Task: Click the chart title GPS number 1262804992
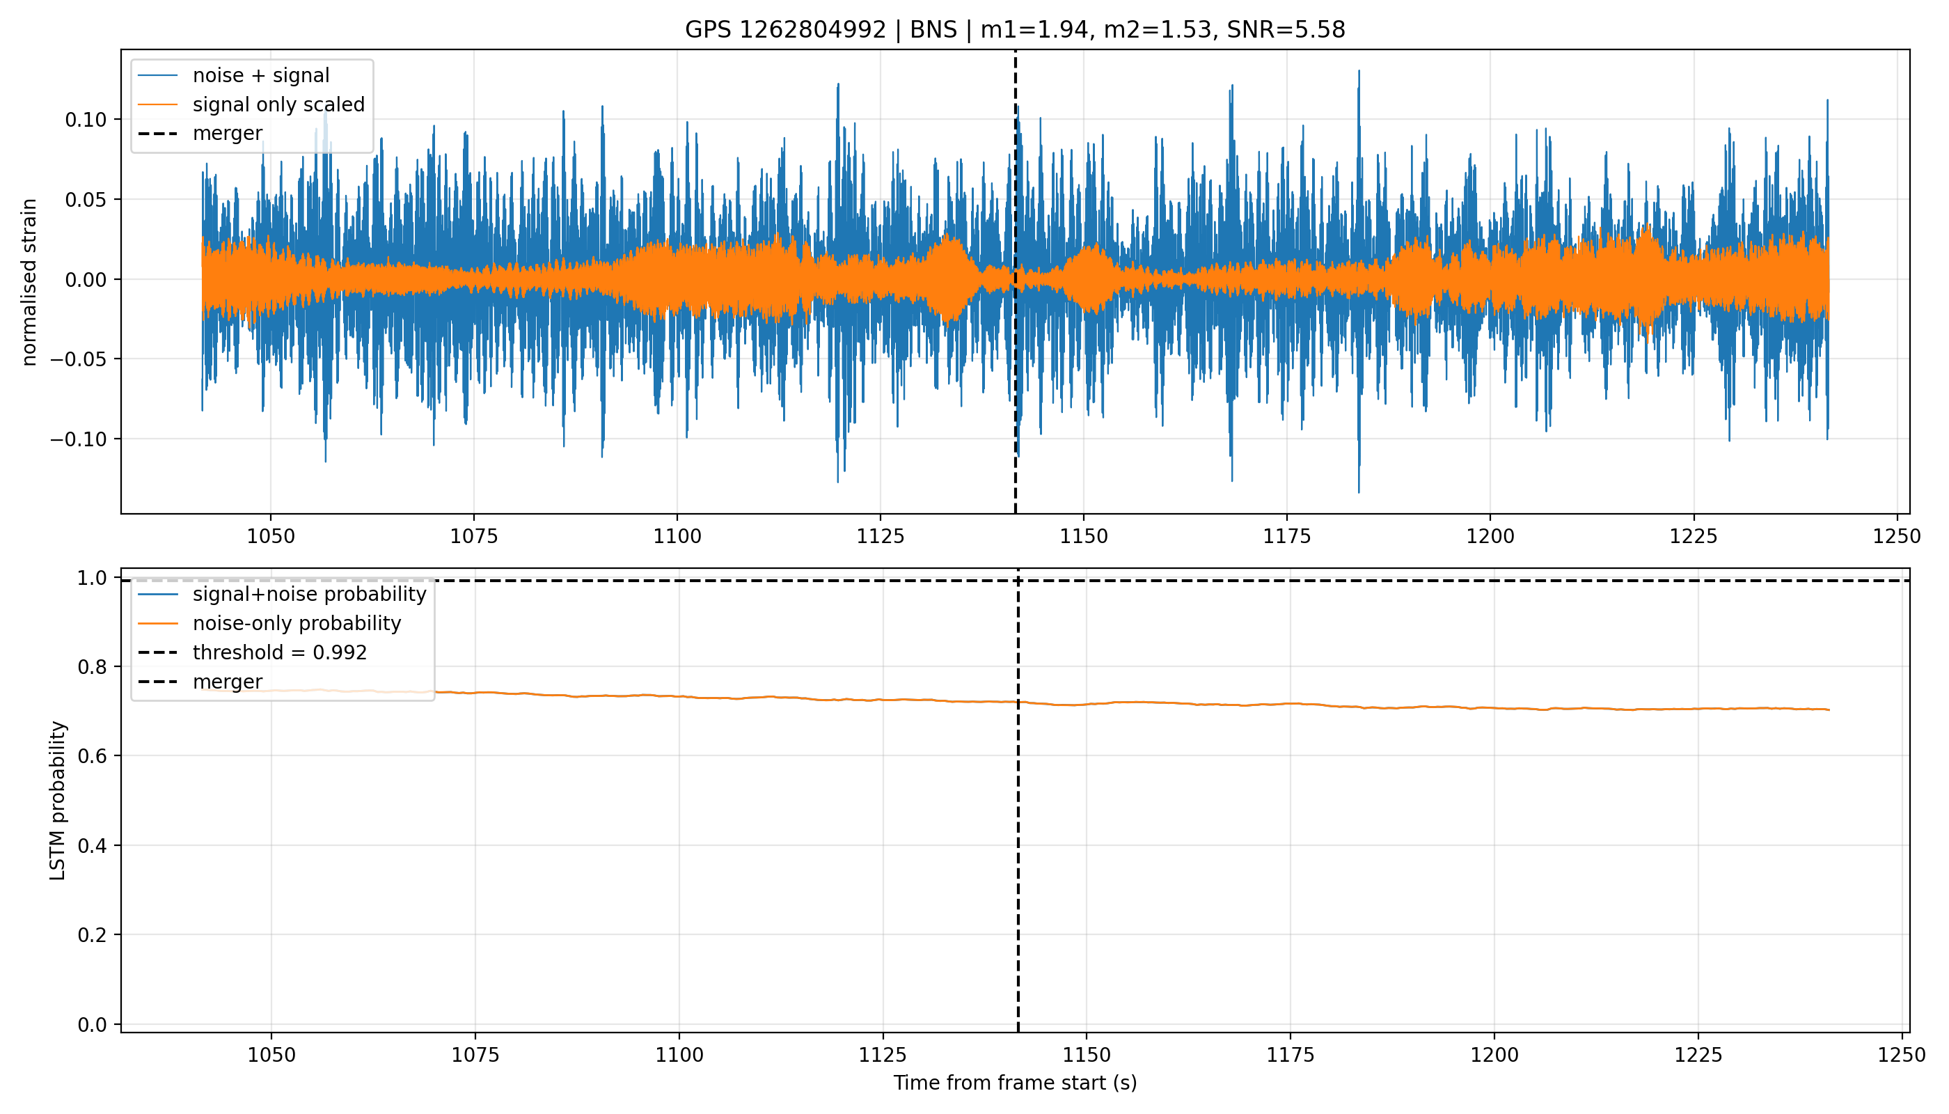tap(786, 30)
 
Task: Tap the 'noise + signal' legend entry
tap(261, 76)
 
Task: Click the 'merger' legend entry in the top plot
tap(227, 133)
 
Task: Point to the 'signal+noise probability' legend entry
tap(309, 595)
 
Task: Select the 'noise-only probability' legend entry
tap(297, 624)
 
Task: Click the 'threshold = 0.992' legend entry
tap(280, 652)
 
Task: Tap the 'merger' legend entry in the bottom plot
tap(227, 682)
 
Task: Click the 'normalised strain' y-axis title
tap(29, 282)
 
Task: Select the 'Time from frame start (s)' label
tap(1015, 1083)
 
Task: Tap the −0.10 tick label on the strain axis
tap(79, 440)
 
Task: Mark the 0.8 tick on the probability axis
tap(93, 667)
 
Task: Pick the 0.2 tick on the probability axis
tap(93, 935)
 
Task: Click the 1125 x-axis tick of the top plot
tap(881, 536)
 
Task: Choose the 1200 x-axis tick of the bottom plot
tap(1494, 1055)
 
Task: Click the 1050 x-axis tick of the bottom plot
tap(271, 1055)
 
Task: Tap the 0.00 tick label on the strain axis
tap(86, 280)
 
